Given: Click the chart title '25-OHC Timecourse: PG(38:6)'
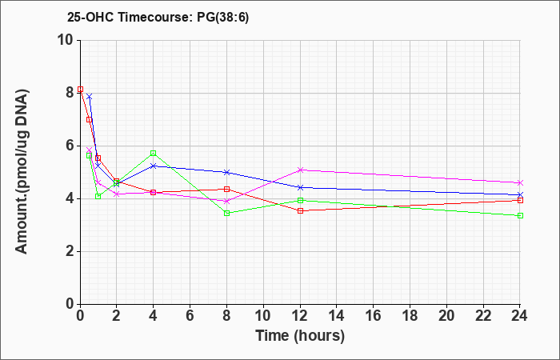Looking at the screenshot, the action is pyautogui.click(x=158, y=18).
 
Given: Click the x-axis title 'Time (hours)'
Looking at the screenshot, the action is pyautogui.click(x=300, y=336).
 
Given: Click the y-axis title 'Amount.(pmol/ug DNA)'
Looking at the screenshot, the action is pyautogui.click(x=22, y=172).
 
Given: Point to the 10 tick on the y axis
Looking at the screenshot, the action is pyautogui.click(x=68, y=40).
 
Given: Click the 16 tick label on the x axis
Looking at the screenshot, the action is pyautogui.click(x=374, y=316).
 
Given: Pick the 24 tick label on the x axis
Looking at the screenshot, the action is pyautogui.click(x=520, y=316).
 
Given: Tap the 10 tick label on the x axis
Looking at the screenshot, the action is pyautogui.click(x=263, y=316).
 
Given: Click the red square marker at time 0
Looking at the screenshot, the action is pyautogui.click(x=80, y=90).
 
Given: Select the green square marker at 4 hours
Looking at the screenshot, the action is pyautogui.click(x=154, y=154).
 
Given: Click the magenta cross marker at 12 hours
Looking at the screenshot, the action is pyautogui.click(x=300, y=170).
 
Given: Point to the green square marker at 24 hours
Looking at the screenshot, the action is pyautogui.click(x=520, y=216).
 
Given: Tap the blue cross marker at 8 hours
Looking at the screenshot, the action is pyautogui.click(x=226, y=172).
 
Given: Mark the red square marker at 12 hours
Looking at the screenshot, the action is pyautogui.click(x=300, y=210).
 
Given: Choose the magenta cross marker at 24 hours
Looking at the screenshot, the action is pyautogui.click(x=520, y=183).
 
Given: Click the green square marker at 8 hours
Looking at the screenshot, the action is pyautogui.click(x=226, y=214).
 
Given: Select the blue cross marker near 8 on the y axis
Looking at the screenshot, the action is pyautogui.click(x=90, y=97).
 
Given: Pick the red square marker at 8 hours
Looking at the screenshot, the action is pyautogui.click(x=226, y=189).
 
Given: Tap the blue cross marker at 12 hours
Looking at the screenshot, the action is pyautogui.click(x=300, y=187).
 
